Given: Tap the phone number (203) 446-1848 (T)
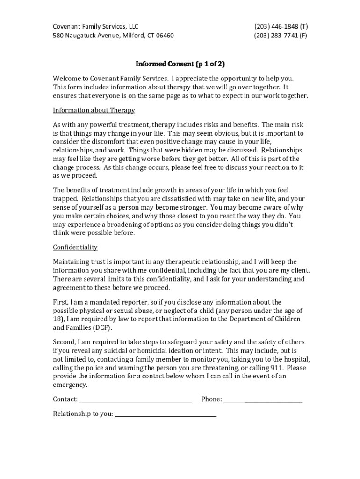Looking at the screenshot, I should [x=281, y=27].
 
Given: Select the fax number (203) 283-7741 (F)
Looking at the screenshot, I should [x=281, y=36].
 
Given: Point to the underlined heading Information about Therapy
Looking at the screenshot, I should [x=94, y=110].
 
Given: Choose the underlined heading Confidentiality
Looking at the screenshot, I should [x=75, y=247].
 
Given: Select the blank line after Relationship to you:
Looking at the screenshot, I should [x=166, y=414].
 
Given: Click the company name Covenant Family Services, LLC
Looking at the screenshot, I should [x=95, y=27].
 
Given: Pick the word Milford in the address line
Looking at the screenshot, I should [x=134, y=36].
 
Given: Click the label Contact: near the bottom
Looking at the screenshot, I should [x=65, y=399].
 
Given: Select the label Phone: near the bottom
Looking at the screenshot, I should [x=211, y=399].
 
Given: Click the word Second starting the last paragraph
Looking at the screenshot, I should [x=65, y=341].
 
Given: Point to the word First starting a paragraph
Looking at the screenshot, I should [x=61, y=302].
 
